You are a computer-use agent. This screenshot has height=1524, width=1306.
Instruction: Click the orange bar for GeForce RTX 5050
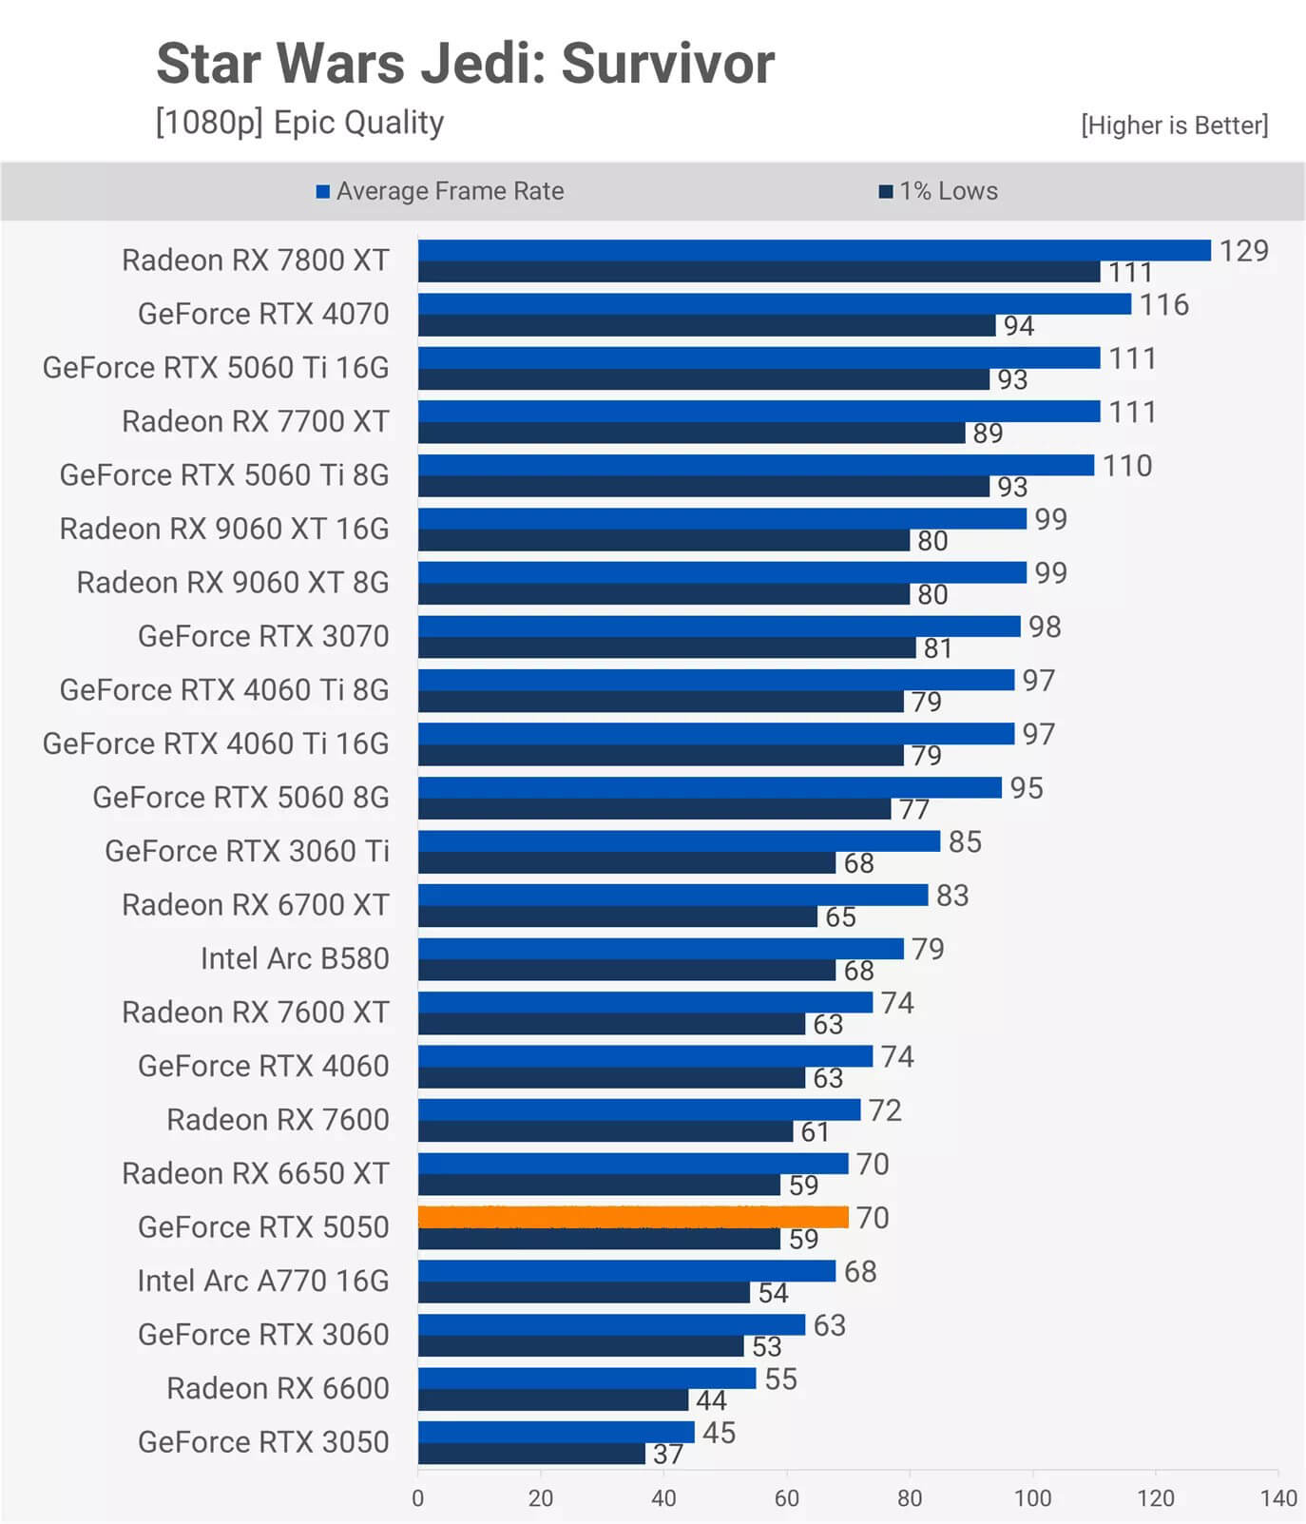pos(633,1217)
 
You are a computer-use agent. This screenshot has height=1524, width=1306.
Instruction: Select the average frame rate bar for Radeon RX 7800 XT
pos(814,250)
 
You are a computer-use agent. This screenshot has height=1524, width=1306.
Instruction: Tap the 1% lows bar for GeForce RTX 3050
pos(531,1454)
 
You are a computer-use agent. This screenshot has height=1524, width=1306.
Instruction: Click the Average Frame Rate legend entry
pos(440,191)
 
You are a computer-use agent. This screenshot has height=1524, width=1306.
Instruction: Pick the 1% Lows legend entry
pos(938,191)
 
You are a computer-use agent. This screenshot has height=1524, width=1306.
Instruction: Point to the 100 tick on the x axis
pos(1032,1498)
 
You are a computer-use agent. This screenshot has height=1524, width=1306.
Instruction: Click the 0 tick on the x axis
pos(418,1498)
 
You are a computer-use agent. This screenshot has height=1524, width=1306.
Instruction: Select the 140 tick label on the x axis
pos(1278,1498)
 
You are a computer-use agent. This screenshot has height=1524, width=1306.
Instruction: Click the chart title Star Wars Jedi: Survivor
pos(465,64)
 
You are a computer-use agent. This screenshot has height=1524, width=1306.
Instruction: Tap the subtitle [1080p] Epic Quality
pos(299,123)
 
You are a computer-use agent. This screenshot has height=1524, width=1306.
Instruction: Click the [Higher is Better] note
pos(1174,125)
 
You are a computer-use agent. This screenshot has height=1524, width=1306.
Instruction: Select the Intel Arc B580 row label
pos(295,958)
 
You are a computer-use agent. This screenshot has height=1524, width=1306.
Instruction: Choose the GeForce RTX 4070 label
pos(263,314)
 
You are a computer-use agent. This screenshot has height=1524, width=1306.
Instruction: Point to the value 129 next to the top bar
pos(1243,251)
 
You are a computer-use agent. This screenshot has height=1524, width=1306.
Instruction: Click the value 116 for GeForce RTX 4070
pos(1164,305)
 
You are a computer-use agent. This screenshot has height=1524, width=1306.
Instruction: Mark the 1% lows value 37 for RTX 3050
pos(668,1455)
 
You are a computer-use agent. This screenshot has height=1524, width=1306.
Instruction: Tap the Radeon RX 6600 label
pos(278,1388)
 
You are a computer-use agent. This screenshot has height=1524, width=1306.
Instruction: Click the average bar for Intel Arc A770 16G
pos(626,1271)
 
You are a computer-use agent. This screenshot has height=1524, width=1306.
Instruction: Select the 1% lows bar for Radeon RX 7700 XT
pos(691,433)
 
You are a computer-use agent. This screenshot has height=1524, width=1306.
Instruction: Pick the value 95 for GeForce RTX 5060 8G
pos(1027,788)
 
